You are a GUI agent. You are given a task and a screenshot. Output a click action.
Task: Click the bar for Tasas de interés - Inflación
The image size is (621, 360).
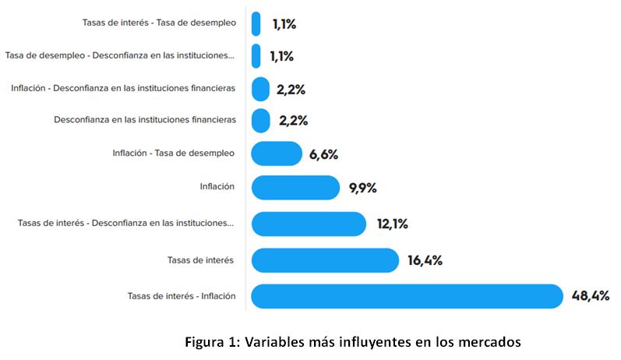(x=406, y=296)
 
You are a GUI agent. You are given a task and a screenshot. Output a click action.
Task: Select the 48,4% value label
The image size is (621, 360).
(x=591, y=296)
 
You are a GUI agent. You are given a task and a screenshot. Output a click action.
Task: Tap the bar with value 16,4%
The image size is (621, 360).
(x=325, y=260)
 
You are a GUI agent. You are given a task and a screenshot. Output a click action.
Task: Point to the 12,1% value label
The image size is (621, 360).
(x=392, y=224)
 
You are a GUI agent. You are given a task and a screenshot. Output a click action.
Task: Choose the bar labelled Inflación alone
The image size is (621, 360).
(x=295, y=188)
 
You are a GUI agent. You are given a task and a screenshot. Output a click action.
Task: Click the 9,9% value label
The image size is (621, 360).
(x=363, y=188)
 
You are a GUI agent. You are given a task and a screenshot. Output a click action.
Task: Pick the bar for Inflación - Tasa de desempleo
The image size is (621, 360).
(x=277, y=154)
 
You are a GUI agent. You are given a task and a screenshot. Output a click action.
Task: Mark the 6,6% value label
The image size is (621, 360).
(x=323, y=154)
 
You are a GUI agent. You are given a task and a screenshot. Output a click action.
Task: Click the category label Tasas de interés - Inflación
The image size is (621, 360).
(x=182, y=296)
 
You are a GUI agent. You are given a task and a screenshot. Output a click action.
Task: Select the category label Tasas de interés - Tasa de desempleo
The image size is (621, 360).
(x=159, y=23)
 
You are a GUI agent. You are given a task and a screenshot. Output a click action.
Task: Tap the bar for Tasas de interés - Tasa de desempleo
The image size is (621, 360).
(x=256, y=23)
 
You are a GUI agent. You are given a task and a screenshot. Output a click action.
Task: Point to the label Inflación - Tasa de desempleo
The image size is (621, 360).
(x=173, y=154)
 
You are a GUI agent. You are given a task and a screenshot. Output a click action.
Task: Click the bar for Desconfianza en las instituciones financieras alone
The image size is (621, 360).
(x=261, y=121)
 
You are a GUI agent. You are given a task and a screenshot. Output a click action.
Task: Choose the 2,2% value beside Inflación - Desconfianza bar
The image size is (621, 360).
(x=291, y=89)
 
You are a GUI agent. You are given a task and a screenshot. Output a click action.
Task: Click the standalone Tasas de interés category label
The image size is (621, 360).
(x=201, y=260)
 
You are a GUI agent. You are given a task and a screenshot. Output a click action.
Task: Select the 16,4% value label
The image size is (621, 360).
(x=425, y=260)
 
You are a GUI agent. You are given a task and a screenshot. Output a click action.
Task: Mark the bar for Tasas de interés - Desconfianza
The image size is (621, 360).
(x=309, y=224)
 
